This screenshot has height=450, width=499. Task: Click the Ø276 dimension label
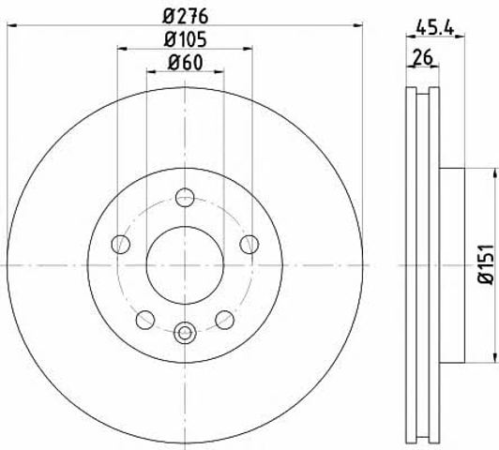click(186, 16)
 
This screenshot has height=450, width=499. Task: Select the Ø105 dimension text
click(186, 39)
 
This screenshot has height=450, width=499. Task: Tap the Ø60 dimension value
click(185, 62)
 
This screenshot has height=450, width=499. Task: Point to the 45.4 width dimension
click(434, 29)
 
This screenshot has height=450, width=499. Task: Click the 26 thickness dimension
click(423, 57)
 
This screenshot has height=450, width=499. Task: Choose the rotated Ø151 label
click(486, 264)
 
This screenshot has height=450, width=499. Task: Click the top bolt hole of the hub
click(185, 197)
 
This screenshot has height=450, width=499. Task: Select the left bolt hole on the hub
click(121, 245)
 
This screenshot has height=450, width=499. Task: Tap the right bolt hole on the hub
click(249, 245)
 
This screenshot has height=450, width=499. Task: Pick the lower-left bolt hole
click(145, 320)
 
